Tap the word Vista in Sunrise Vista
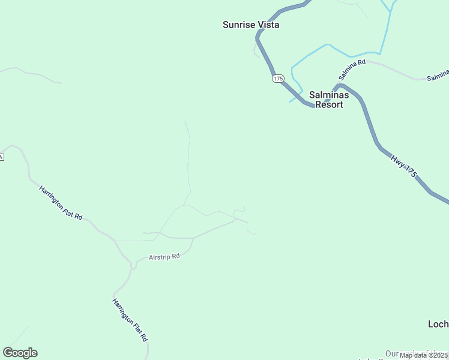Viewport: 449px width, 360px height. click(268, 25)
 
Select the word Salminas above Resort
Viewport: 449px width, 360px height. click(328, 95)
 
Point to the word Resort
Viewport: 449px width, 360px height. click(330, 104)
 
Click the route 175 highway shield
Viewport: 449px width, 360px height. click(277, 79)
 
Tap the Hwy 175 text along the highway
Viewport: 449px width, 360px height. click(403, 166)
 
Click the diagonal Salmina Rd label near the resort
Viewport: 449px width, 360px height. click(352, 70)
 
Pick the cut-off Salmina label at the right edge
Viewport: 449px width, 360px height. click(438, 76)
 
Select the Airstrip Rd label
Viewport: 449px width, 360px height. click(164, 256)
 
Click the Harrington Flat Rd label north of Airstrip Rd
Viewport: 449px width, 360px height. click(61, 203)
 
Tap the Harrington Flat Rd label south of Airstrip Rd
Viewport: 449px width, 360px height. click(130, 320)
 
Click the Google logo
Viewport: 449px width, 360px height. click(20, 353)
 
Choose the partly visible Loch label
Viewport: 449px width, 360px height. click(438, 324)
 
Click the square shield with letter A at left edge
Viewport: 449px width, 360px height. click(2, 157)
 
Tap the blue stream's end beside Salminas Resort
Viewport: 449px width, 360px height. click(291, 101)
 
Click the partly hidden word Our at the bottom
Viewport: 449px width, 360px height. click(392, 354)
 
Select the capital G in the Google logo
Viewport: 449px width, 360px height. click(8, 353)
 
